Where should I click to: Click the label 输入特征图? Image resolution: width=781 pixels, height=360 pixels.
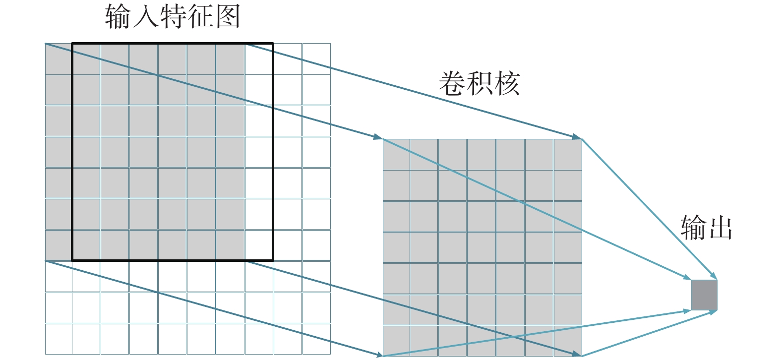[173, 16]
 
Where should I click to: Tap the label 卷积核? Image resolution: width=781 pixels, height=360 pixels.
[479, 83]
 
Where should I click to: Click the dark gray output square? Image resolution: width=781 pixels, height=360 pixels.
[704, 295]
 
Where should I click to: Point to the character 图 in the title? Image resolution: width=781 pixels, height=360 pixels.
[226, 16]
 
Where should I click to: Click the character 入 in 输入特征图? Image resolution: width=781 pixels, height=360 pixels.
[145, 16]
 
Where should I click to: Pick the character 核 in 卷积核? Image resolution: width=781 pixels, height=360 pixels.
[506, 83]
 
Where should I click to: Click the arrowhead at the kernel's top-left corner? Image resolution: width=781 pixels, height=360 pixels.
[378, 137]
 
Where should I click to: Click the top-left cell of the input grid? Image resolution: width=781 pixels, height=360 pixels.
[59, 59]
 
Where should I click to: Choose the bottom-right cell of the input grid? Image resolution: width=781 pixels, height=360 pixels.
[316, 339]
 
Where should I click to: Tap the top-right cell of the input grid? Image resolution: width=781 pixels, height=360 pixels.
[316, 59]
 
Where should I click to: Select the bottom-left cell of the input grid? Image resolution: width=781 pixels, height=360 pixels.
[59, 339]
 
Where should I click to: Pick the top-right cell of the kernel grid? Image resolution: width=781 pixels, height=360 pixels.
[568, 155]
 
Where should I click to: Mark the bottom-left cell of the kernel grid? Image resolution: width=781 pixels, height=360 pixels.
[396, 340]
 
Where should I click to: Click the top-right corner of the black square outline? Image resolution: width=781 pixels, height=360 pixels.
[273, 44]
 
